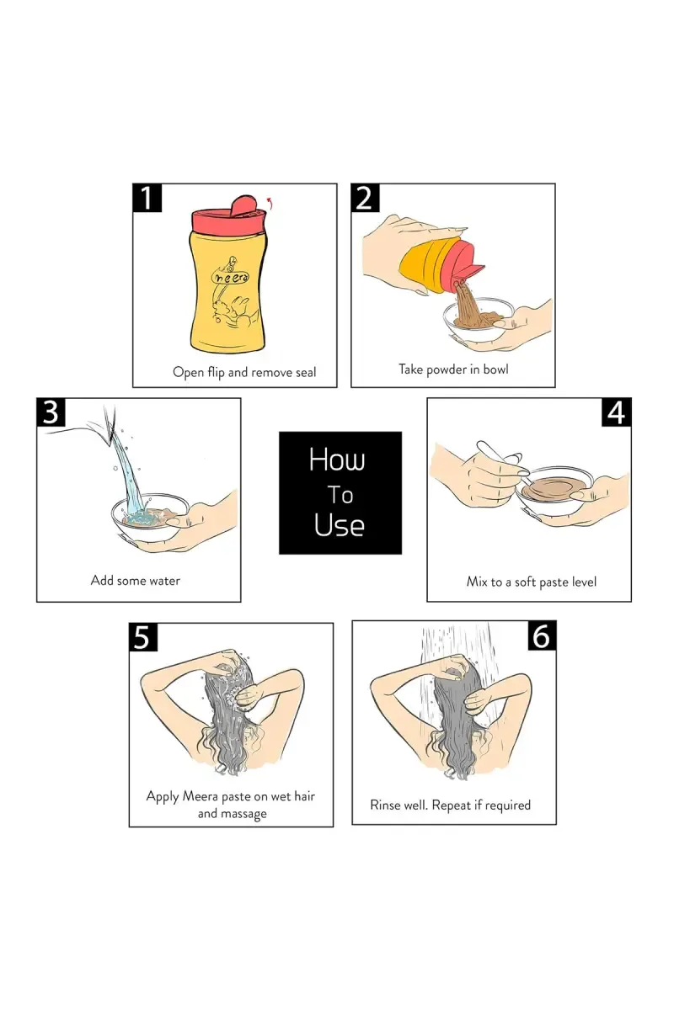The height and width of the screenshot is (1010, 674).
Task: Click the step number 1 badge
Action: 147,198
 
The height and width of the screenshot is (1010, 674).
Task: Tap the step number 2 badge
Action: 365,198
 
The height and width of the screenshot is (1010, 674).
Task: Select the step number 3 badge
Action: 51,412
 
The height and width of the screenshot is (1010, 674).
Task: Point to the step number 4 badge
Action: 617,412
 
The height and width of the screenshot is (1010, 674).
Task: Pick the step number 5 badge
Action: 143,638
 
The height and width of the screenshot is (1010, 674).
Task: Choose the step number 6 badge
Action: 542,635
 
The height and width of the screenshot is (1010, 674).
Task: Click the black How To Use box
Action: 340,493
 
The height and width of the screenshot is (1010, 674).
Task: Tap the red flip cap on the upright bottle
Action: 223,214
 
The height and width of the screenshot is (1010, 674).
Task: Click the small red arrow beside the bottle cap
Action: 270,203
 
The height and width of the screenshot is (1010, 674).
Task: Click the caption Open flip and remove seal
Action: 244,373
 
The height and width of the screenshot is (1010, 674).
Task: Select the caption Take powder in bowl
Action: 453,369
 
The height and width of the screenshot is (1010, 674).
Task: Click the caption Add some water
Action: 136,580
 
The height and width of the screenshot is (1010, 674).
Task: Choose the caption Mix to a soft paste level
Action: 532,582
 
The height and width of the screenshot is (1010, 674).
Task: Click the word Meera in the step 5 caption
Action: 200,796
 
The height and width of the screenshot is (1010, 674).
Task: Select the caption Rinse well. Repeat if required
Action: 450,805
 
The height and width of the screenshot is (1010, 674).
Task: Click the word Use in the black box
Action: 339,525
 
